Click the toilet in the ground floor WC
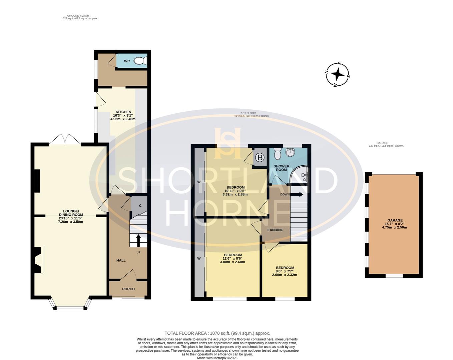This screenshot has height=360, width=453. (140, 61)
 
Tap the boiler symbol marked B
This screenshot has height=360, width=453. (260, 158)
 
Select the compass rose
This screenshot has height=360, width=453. (338, 75)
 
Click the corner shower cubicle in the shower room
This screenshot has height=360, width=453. (299, 174)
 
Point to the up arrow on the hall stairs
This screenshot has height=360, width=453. (138, 241)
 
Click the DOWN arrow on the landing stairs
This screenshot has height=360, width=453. (297, 194)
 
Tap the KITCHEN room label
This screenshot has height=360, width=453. (123, 112)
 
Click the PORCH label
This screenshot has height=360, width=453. (128, 289)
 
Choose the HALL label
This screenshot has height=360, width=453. (121, 260)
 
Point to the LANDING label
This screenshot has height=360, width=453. (275, 230)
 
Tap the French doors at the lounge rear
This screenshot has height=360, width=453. (65, 139)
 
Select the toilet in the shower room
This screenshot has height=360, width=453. (278, 154)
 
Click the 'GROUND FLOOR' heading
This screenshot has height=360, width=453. (78, 16)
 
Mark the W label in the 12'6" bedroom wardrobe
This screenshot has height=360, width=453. (199, 258)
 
